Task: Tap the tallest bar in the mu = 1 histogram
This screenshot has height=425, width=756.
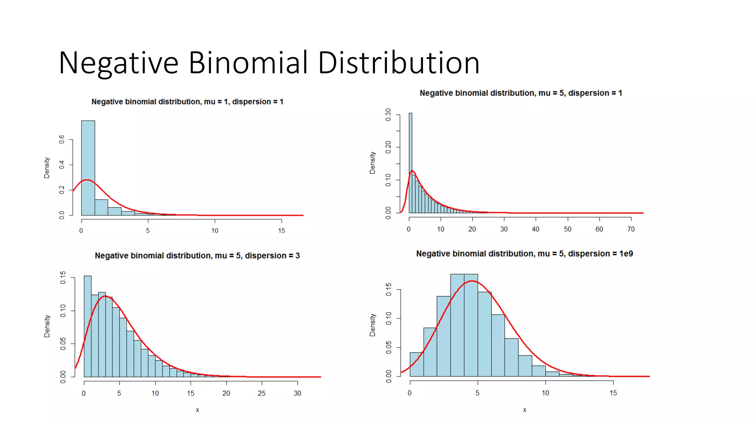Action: [x=88, y=168]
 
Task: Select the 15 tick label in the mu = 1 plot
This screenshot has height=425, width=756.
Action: [x=282, y=231]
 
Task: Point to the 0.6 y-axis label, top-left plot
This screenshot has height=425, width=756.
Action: [x=62, y=139]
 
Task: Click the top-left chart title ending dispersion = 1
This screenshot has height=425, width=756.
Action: [x=187, y=102]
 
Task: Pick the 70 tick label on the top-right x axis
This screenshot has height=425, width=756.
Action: [x=631, y=229]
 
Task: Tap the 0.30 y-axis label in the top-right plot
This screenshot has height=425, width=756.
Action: [x=388, y=115]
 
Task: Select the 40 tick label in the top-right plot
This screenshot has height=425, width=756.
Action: [x=536, y=229]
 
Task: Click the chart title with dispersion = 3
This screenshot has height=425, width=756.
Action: [x=197, y=256]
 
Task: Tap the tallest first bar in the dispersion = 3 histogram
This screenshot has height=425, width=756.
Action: [x=87, y=326]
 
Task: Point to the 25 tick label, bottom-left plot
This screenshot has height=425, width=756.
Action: [x=262, y=393]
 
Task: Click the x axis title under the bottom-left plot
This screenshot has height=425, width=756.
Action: [x=197, y=410]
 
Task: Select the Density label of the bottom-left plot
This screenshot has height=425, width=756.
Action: [x=47, y=326]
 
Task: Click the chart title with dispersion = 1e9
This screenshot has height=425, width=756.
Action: [x=525, y=254]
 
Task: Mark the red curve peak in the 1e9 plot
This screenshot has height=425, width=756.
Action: [x=472, y=281]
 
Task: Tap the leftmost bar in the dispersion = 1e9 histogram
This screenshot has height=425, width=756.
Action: [x=416, y=364]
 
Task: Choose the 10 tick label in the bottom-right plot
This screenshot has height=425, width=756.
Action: [x=546, y=393]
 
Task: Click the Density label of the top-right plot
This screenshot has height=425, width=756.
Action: [x=372, y=163]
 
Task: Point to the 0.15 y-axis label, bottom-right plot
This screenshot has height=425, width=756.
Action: [x=389, y=290]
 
